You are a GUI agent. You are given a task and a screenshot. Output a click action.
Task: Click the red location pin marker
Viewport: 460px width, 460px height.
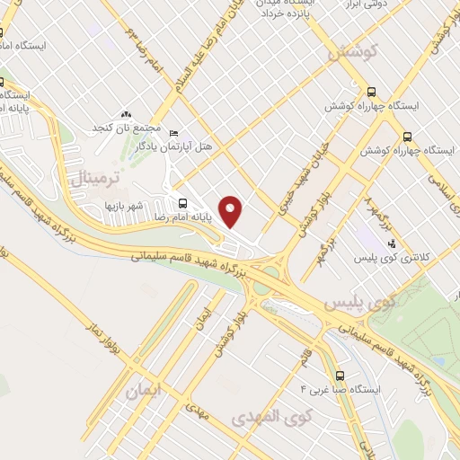coord(232,210)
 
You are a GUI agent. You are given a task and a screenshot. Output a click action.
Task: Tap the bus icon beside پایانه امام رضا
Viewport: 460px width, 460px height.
coord(182,203)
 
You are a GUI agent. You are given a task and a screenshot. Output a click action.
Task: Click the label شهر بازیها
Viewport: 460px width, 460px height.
coord(122,208)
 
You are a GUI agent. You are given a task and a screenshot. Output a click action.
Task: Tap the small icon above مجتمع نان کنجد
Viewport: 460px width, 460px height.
coord(126,115)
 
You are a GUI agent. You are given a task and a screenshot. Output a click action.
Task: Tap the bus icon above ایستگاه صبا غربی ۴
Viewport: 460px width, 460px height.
coord(340,375)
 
